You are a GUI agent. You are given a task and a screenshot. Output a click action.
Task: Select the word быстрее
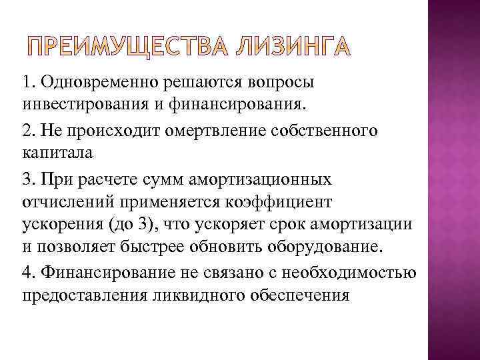tap(151, 246)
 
